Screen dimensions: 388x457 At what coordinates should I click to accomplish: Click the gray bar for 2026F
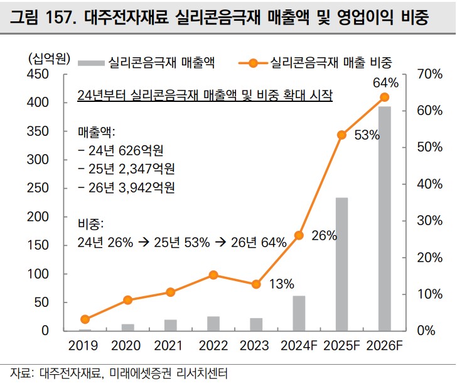pyautogui.click(x=385, y=218)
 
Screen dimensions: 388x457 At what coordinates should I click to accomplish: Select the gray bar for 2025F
pyautogui.click(x=341, y=264)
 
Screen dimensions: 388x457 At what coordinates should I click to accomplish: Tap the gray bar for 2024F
pyautogui.click(x=299, y=313)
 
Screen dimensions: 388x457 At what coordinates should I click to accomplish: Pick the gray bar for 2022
pyautogui.click(x=213, y=323)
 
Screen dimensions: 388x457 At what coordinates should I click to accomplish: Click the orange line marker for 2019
pyautogui.click(x=85, y=319)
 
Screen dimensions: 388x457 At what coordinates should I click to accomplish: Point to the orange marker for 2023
pyautogui.click(x=256, y=284)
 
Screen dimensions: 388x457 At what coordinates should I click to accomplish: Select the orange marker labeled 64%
pyautogui.click(x=385, y=97)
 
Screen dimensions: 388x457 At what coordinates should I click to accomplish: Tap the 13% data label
pyautogui.click(x=281, y=284)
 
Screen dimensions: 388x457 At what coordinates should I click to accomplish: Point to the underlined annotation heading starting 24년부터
pyautogui.click(x=205, y=95)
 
